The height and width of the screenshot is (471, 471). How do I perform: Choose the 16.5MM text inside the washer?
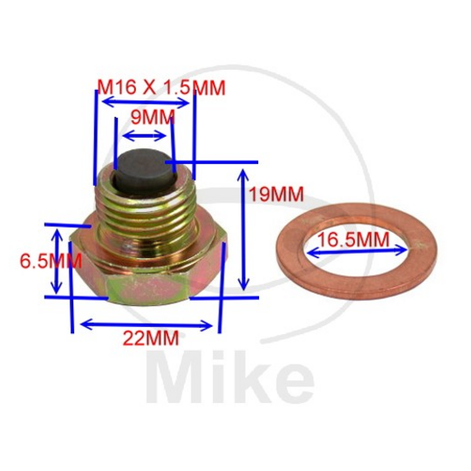[x=353, y=236]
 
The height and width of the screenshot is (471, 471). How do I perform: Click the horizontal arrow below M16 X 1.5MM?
[x=144, y=102]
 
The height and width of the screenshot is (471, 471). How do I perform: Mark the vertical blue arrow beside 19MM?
[x=244, y=229]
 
